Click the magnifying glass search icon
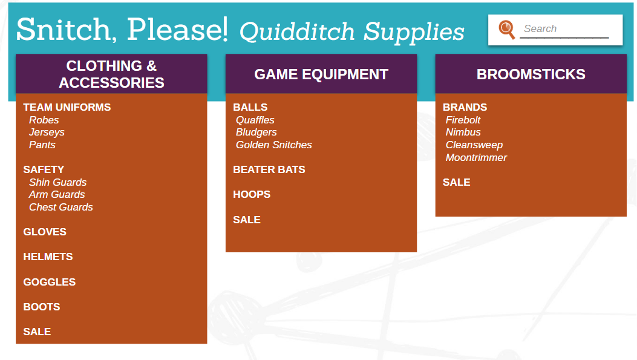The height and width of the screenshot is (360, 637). [x=506, y=29]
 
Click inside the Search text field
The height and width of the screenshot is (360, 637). [x=564, y=29]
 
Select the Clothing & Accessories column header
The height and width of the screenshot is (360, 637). [x=111, y=74]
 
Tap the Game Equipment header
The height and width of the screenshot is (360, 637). [x=321, y=74]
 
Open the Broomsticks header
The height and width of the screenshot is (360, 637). [x=531, y=74]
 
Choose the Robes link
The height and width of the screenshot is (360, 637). [x=44, y=120]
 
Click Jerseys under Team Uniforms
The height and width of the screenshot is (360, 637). [x=47, y=133]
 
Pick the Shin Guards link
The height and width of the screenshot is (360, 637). [x=57, y=182]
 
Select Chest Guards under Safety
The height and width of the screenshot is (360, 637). [x=61, y=207]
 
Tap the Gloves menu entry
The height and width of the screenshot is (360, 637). [x=45, y=232]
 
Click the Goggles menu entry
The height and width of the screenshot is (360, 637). [x=49, y=282]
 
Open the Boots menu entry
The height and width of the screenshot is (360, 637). [x=41, y=307]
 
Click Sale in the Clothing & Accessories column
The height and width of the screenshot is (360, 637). [x=37, y=332]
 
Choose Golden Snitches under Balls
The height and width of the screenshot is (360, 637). [x=274, y=145]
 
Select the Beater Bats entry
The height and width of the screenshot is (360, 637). [x=269, y=169]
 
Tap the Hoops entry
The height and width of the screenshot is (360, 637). [x=252, y=194]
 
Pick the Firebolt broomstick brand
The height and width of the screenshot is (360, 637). [x=463, y=120]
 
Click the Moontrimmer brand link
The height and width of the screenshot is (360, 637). [x=476, y=157]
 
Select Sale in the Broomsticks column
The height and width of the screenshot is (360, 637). [x=456, y=182]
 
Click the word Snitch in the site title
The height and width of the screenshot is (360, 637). [x=64, y=29]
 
